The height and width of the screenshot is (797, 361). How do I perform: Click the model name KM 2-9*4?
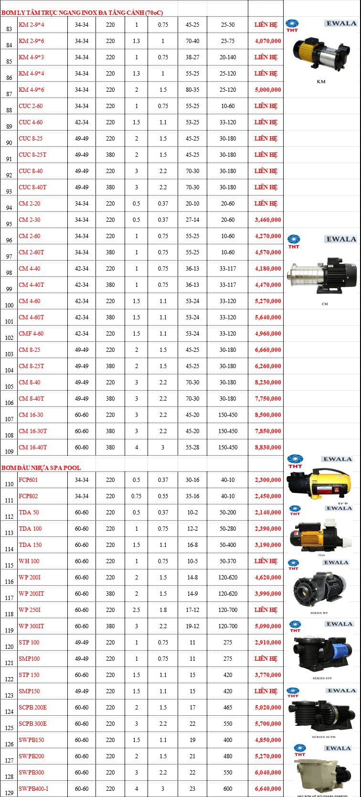pyautogui.click(x=32, y=25)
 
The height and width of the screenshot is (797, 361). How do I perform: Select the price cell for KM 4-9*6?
pyautogui.click(x=268, y=90)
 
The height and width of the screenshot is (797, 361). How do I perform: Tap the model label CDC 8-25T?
pyautogui.click(x=32, y=155)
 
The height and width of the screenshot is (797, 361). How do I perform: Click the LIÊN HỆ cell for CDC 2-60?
pyautogui.click(x=266, y=106)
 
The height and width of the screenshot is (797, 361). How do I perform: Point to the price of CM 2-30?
pyautogui.click(x=268, y=220)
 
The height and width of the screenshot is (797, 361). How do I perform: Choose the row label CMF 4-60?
pyautogui.click(x=32, y=334)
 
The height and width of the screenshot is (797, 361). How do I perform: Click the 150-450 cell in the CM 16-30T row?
pyautogui.click(x=228, y=431)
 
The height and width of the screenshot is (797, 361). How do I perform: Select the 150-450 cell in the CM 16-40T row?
pyautogui.click(x=228, y=448)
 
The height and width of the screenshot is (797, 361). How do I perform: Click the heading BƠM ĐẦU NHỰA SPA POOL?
pyautogui.click(x=41, y=468)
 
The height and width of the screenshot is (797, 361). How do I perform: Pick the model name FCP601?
pyautogui.click(x=28, y=480)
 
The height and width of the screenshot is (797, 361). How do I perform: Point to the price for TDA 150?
pyautogui.click(x=268, y=545)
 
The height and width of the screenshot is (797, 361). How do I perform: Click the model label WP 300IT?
pyautogui.click(x=32, y=626)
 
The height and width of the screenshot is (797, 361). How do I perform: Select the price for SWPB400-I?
pyautogui.click(x=268, y=789)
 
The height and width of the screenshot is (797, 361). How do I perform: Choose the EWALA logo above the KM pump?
pyautogui.click(x=341, y=23)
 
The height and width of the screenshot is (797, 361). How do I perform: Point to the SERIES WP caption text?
pyautogui.click(x=319, y=612)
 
